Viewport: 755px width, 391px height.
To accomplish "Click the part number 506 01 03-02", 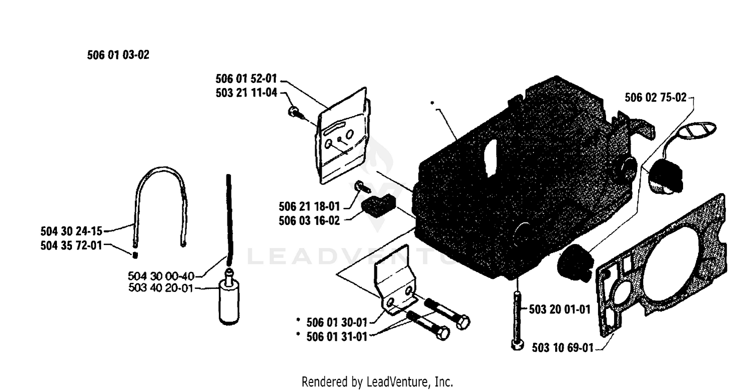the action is click(x=118, y=55).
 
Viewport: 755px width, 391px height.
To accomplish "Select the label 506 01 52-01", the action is click(x=246, y=79).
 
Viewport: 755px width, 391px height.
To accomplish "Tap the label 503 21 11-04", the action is click(x=247, y=93).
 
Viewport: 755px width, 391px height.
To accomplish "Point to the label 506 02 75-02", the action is click(x=655, y=98).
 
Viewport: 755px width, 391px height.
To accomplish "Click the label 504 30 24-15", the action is click(x=71, y=231).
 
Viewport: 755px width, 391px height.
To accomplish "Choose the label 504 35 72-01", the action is click(x=71, y=246).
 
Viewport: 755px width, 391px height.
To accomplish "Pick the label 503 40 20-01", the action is click(x=161, y=288).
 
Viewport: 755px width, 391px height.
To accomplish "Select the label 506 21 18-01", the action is click(x=309, y=206).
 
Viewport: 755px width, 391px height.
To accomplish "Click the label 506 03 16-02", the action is click(x=309, y=221).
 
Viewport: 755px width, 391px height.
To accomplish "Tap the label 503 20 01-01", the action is click(x=560, y=309).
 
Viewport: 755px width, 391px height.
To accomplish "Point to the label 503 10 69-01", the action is click(x=563, y=348).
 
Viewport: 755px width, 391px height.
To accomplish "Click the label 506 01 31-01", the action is click(x=337, y=337).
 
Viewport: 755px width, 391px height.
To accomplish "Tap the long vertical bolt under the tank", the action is click(x=517, y=320).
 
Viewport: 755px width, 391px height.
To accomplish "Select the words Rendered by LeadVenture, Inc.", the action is click(x=377, y=382).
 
